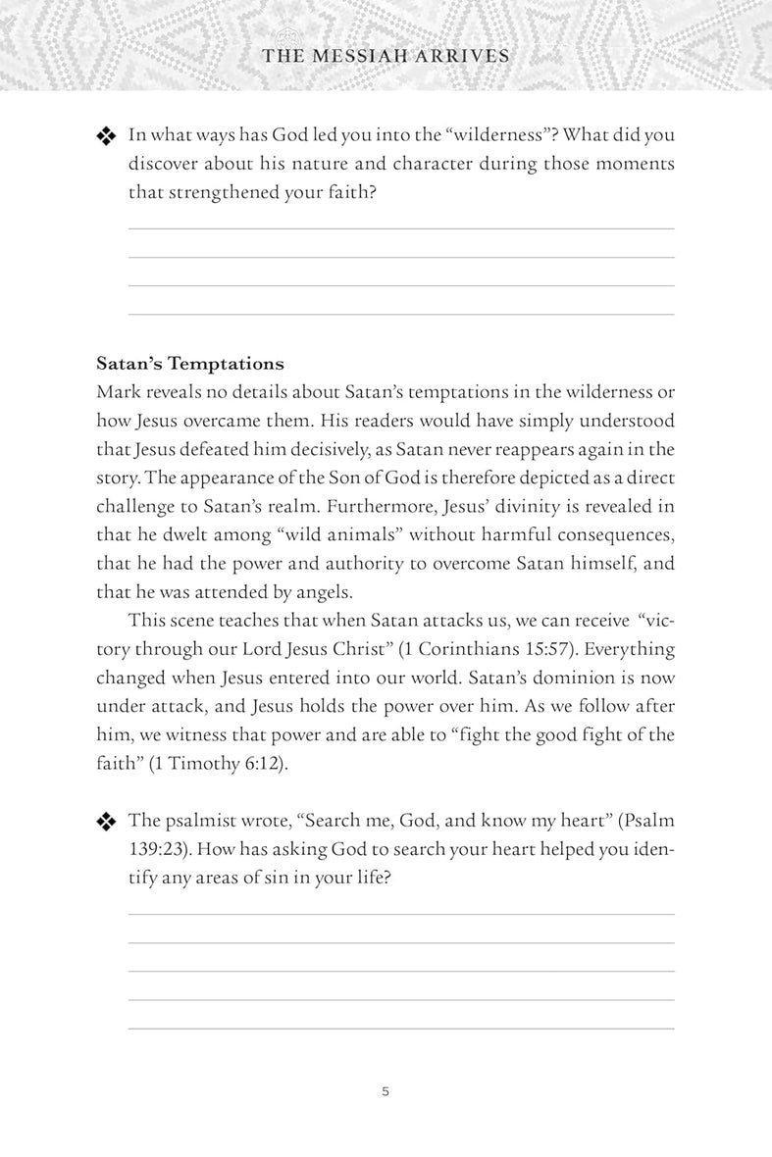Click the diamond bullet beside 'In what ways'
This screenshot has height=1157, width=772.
coord(106,137)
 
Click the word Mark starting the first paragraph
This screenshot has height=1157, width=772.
coord(119,392)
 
